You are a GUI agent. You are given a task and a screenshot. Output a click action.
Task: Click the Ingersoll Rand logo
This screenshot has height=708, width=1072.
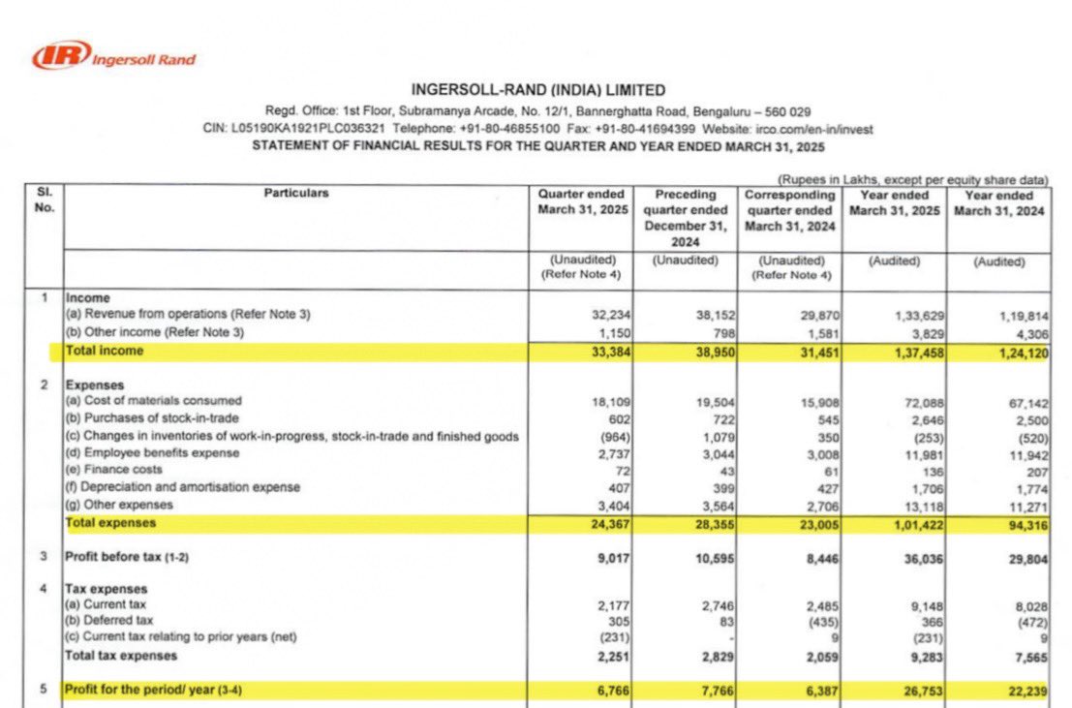(114, 56)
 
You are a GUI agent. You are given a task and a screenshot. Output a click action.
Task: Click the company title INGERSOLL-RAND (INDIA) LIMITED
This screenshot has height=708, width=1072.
(538, 91)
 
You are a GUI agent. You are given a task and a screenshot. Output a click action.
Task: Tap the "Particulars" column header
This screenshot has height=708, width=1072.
(296, 194)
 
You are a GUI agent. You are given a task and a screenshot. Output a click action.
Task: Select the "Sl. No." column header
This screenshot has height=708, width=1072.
(45, 200)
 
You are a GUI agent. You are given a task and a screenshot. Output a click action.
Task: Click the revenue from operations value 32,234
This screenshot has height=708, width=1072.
(611, 315)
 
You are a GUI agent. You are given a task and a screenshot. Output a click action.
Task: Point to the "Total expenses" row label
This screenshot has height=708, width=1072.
(109, 523)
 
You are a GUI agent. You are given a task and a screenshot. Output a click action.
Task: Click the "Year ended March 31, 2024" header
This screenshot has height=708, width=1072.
(998, 202)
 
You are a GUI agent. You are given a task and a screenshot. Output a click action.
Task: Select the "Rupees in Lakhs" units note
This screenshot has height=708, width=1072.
(912, 179)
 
